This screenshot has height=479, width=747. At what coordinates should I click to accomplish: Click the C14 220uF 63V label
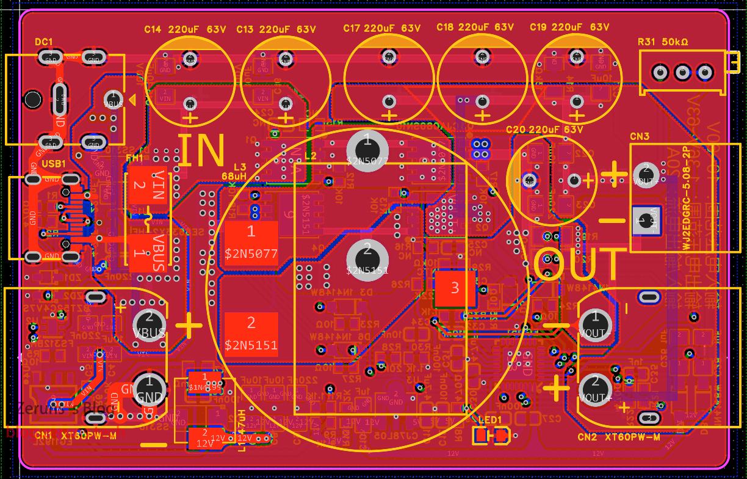pyautogui.click(x=184, y=29)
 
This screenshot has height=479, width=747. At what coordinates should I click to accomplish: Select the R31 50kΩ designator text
pyautogui.click(x=663, y=42)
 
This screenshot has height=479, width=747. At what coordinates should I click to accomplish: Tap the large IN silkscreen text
pyautogui.click(x=201, y=151)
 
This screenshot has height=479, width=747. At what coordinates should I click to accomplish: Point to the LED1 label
pyautogui.click(x=489, y=420)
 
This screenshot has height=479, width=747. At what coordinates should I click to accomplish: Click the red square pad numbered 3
pyautogui.click(x=455, y=288)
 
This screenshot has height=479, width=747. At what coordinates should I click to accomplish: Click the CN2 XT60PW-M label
pyautogui.click(x=619, y=437)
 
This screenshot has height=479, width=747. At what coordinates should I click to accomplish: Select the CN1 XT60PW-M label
pyautogui.click(x=75, y=435)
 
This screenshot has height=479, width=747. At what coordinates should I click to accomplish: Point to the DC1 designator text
pyautogui.click(x=44, y=42)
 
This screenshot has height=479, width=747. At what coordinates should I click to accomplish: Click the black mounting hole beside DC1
pyautogui.click(x=32, y=99)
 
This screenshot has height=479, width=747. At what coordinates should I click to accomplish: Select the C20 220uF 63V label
pyautogui.click(x=544, y=130)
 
